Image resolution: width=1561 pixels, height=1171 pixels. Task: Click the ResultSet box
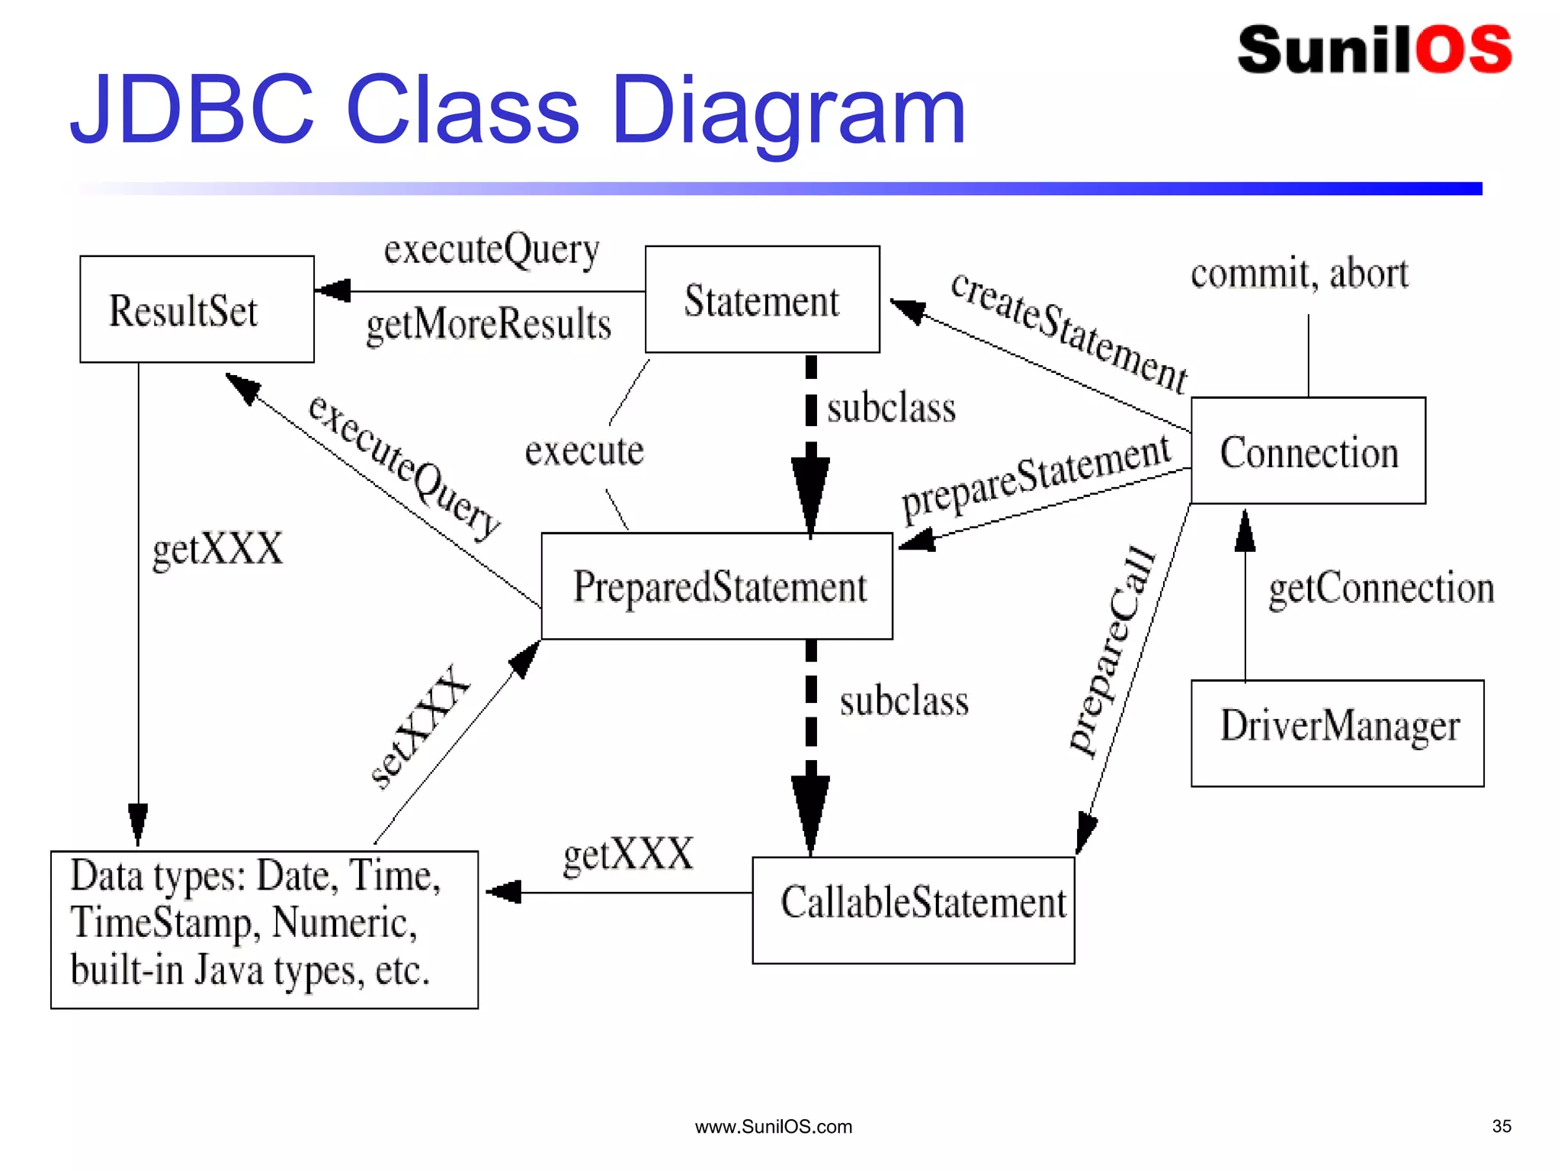coord(197,309)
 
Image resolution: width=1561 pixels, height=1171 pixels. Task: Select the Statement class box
coord(762,299)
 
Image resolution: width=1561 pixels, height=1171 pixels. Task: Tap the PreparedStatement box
coord(716,585)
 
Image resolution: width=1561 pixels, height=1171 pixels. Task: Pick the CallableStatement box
coord(913,910)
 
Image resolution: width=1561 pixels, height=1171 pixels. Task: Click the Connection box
coord(1308,450)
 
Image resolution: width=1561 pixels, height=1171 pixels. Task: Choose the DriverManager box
coord(1337,733)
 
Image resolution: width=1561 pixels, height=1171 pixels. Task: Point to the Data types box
coord(264,929)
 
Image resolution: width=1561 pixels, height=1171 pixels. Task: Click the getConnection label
coord(1380,589)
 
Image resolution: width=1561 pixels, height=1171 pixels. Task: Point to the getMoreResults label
coord(489,324)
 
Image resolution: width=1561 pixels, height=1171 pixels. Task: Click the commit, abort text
coord(1300,274)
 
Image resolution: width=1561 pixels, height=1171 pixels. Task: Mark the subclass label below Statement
coord(891,408)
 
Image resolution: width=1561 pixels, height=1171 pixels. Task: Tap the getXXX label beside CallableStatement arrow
coord(628,854)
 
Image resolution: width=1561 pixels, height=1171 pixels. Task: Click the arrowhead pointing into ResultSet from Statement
coord(332,290)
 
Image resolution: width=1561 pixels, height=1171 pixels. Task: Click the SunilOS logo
coord(1374,50)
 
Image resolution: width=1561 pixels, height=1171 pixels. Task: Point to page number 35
coord(1501,1126)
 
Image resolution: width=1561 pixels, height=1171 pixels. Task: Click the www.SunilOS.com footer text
coord(773,1127)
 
